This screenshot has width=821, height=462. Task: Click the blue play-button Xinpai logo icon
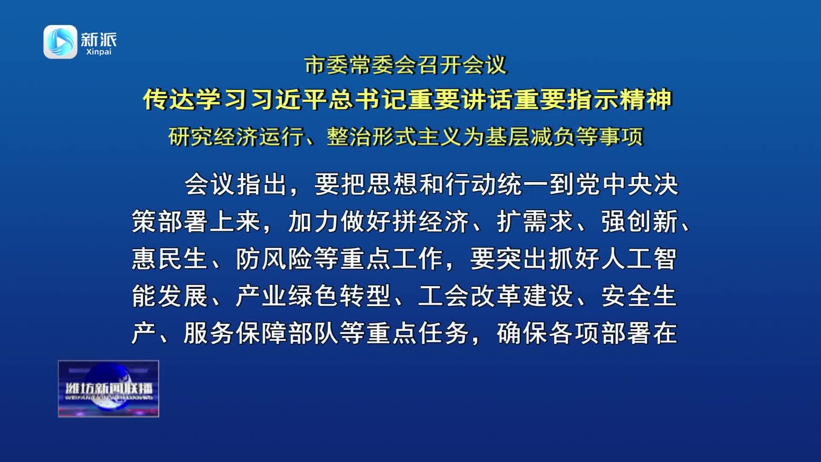pos(60,41)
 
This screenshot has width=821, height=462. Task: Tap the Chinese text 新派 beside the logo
pos(99,39)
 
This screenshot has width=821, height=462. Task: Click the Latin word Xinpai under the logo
pos(99,52)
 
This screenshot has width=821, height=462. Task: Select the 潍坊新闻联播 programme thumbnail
pos(109,388)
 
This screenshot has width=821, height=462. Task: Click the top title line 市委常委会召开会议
pos(406,65)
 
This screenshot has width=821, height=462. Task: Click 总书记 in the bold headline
pos(369,100)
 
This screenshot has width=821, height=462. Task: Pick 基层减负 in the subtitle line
pos(530,137)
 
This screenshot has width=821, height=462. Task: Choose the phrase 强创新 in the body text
pos(640,222)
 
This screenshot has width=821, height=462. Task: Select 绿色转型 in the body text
pos(340,296)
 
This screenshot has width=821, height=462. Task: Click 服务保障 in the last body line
pos(235,333)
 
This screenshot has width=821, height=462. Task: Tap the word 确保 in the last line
pos(523,333)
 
